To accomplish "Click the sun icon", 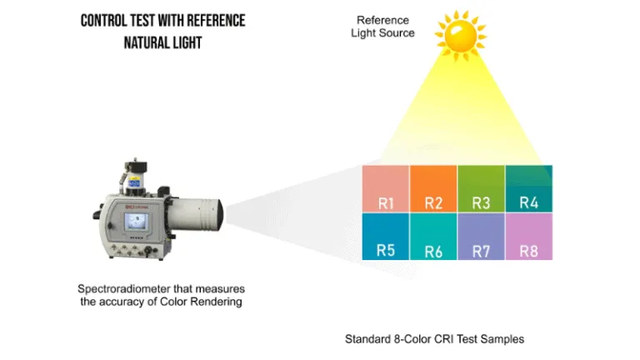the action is point(457,36).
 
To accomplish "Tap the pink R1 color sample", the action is point(386,189).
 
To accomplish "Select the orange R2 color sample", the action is point(433,189).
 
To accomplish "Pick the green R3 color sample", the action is point(481,189).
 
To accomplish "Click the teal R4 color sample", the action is point(528,189).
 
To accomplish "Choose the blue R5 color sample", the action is point(386,236).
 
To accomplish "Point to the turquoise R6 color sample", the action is point(433,236).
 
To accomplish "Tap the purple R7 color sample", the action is point(481,236).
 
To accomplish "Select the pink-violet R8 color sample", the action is point(528,236).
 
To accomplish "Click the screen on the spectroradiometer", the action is point(136,221).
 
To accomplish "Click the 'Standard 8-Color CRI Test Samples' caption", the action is point(434,339).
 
